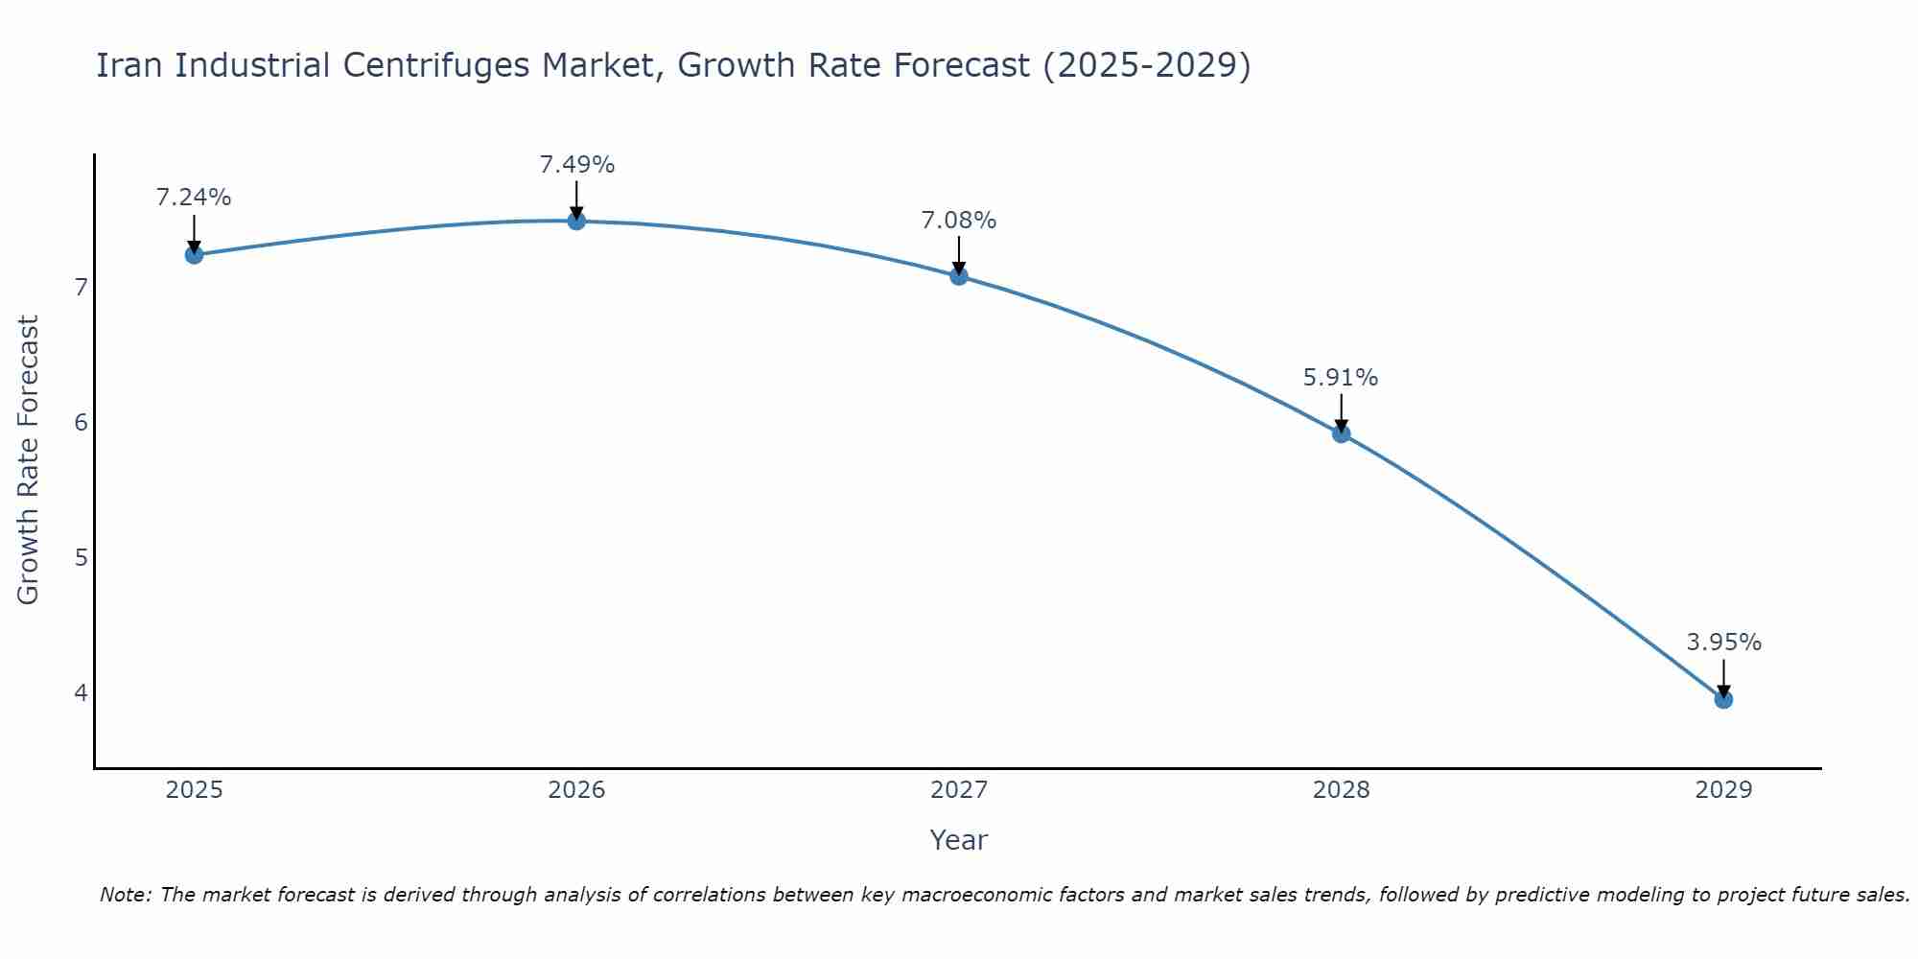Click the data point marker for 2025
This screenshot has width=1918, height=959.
(194, 254)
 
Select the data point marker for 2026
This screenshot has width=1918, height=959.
(576, 221)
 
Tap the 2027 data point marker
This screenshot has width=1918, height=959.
(959, 276)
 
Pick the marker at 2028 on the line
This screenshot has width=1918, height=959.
(1342, 433)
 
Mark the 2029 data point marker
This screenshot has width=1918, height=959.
(1723, 699)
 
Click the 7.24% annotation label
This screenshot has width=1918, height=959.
(194, 198)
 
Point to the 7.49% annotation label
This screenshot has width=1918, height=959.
(576, 165)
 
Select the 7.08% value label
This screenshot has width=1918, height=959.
(959, 221)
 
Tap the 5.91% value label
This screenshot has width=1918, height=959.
(1341, 378)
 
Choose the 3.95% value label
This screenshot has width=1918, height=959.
(1723, 643)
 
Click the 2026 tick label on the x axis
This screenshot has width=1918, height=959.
(576, 790)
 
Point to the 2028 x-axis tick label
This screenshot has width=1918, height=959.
(1342, 790)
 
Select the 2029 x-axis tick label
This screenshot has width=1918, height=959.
(1723, 790)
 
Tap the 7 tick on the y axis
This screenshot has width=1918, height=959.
(82, 287)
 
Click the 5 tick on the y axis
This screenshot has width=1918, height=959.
(82, 557)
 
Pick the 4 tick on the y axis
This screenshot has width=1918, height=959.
(82, 692)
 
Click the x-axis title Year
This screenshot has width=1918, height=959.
(958, 840)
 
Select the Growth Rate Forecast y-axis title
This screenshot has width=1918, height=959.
(29, 460)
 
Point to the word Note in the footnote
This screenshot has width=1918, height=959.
(125, 895)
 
